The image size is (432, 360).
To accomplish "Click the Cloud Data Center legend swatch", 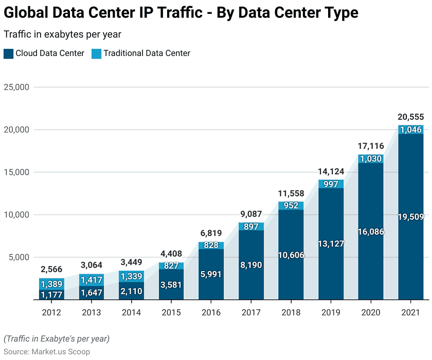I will tap(8, 53).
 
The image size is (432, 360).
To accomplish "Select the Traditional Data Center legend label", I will tap(147, 53).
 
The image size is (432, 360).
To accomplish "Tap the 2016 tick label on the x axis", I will tap(211, 312).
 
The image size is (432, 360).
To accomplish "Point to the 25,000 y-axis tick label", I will tap(17, 87).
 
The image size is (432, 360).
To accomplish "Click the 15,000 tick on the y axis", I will tap(17, 173).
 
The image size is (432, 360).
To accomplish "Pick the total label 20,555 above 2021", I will tap(410, 117).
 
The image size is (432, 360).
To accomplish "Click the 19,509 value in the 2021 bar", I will tap(410, 217).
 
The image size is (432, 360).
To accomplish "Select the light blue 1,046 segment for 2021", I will tap(410, 130).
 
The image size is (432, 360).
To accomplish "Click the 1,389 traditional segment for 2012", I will tap(51, 284).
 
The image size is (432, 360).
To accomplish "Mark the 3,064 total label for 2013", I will tap(92, 266).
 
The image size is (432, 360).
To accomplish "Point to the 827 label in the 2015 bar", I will tap(171, 266).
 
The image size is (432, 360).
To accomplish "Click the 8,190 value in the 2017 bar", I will tap(251, 266).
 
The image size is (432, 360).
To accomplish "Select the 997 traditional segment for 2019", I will tap(331, 184).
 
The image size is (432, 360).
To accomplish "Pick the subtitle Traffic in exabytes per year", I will tap(62, 34).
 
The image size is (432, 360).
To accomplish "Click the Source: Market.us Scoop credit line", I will tap(47, 352).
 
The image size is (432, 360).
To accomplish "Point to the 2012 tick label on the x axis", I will tap(51, 312).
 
